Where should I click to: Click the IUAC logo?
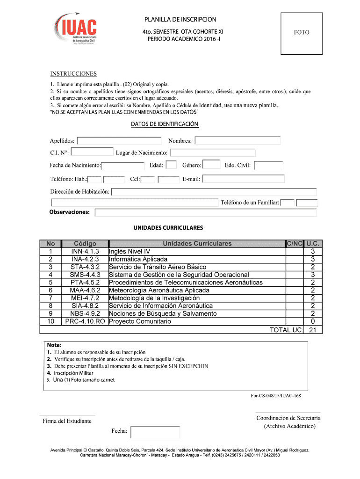76,29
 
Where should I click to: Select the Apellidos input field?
119,141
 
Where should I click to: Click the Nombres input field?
238,141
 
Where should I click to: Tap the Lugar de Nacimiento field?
212,152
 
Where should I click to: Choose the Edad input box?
171,165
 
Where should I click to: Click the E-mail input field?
243,179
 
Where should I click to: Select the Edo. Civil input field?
268,165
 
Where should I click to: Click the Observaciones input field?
206,212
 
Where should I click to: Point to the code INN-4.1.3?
85,251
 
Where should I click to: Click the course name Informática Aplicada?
138,259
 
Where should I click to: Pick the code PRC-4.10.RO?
85,321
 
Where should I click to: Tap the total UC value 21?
313,330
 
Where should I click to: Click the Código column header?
85,243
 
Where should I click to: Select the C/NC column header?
295,243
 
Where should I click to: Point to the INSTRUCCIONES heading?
73,74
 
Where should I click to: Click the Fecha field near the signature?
155,432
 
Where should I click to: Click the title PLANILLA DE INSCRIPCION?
180,20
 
